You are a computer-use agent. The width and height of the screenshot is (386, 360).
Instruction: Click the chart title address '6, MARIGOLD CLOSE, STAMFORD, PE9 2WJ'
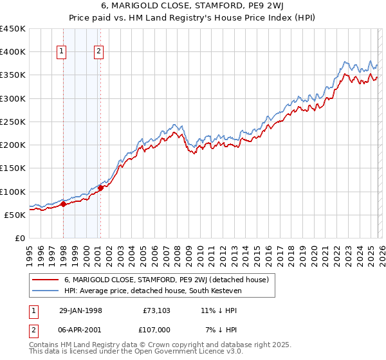192,6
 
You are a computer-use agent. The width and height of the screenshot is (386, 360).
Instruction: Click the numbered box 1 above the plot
62,52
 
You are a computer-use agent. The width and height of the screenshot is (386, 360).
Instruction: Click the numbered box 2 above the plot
99,52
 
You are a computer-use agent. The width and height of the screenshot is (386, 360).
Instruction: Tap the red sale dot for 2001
100,188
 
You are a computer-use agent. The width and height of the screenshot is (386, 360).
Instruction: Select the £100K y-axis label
13,192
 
